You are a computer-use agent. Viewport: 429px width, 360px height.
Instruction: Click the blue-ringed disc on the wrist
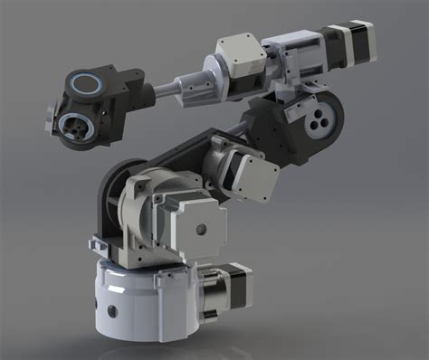88,84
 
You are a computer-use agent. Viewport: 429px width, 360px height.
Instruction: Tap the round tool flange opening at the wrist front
76,128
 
